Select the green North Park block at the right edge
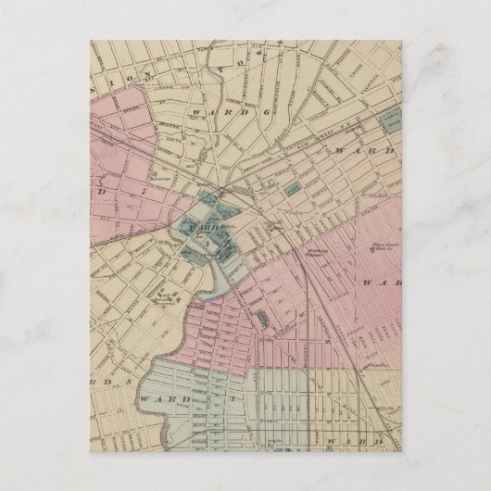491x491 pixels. point(392,121)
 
